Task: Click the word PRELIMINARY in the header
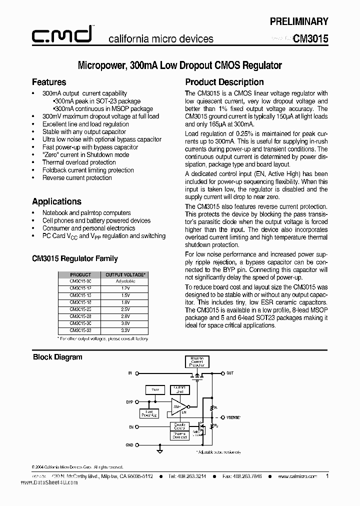(x=299, y=21)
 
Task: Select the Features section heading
(x=49, y=82)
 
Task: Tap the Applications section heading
(x=56, y=201)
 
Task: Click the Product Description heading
(x=224, y=82)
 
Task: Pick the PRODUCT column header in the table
(x=80, y=274)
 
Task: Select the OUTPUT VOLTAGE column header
(x=125, y=274)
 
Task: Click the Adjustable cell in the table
(x=125, y=281)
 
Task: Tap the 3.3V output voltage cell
(x=125, y=330)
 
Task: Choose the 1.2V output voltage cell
(x=125, y=288)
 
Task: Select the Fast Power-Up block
(x=149, y=413)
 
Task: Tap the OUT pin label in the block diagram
(x=230, y=373)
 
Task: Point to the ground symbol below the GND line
(x=159, y=451)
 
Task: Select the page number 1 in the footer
(x=327, y=476)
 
